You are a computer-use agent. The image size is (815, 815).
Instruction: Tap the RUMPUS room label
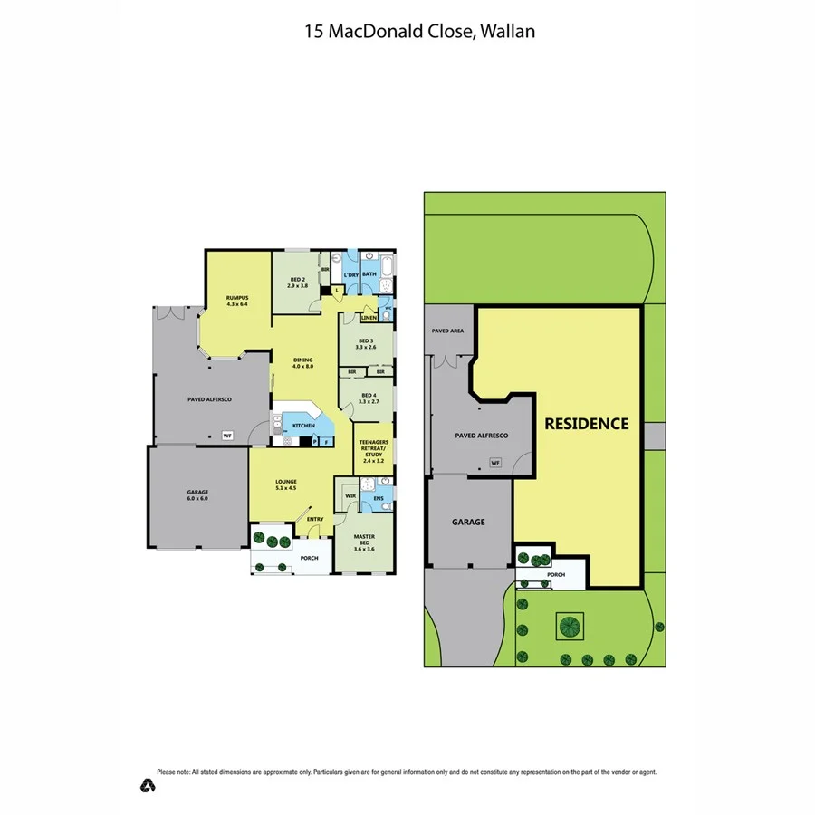237,301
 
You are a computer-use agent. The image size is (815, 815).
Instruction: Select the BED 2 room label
298,282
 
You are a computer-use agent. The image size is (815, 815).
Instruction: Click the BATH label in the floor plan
369,273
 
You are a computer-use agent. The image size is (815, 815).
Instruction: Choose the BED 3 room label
365,343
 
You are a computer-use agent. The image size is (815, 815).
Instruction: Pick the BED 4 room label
368,398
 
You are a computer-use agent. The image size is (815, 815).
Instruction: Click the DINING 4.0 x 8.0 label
302,363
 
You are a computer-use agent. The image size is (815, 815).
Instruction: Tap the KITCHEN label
303,425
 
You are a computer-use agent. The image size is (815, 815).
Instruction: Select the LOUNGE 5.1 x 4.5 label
286,484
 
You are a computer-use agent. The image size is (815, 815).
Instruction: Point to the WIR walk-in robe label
350,496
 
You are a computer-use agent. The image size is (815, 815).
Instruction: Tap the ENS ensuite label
379,497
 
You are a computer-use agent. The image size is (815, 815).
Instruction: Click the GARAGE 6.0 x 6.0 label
198,494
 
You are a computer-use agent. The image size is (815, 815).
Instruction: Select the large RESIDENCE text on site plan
586,423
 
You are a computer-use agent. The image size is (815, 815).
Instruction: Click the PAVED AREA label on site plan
447,331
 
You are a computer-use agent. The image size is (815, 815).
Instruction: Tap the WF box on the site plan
495,463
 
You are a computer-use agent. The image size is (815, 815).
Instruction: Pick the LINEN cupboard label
369,318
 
